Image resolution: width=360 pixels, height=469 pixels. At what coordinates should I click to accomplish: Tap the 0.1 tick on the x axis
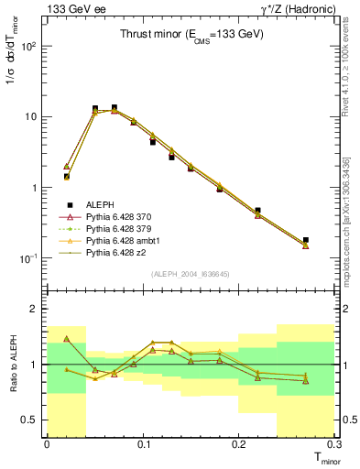[x=143, y=444]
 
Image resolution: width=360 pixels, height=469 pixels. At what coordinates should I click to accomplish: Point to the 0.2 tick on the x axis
[x=239, y=444]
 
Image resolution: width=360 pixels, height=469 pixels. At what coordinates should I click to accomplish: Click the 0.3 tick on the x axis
[x=333, y=444]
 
